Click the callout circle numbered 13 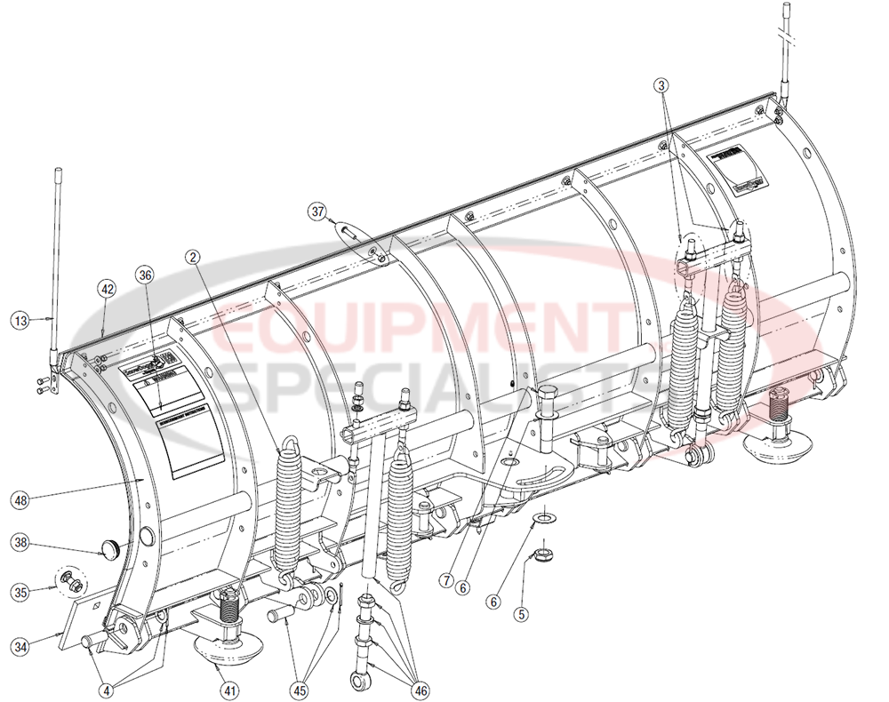pos(20,318)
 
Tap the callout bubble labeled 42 pos(107,289)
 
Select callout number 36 pos(145,275)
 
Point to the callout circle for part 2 pos(193,257)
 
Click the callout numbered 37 pos(317,211)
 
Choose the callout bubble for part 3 pos(661,84)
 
